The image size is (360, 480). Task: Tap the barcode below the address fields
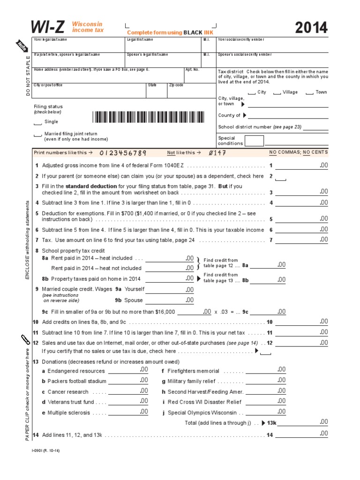[x=152, y=117]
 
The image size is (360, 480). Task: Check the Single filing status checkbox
[x=37, y=124]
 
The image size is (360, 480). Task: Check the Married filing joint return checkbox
[x=37, y=136]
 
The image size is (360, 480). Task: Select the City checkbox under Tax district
[x=252, y=93]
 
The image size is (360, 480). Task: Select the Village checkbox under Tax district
[x=277, y=93]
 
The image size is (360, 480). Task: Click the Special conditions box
[x=254, y=141]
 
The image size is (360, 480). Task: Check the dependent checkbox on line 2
[x=281, y=179]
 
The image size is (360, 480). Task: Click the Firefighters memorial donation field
[x=265, y=370]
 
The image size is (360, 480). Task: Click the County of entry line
[x=288, y=116]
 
